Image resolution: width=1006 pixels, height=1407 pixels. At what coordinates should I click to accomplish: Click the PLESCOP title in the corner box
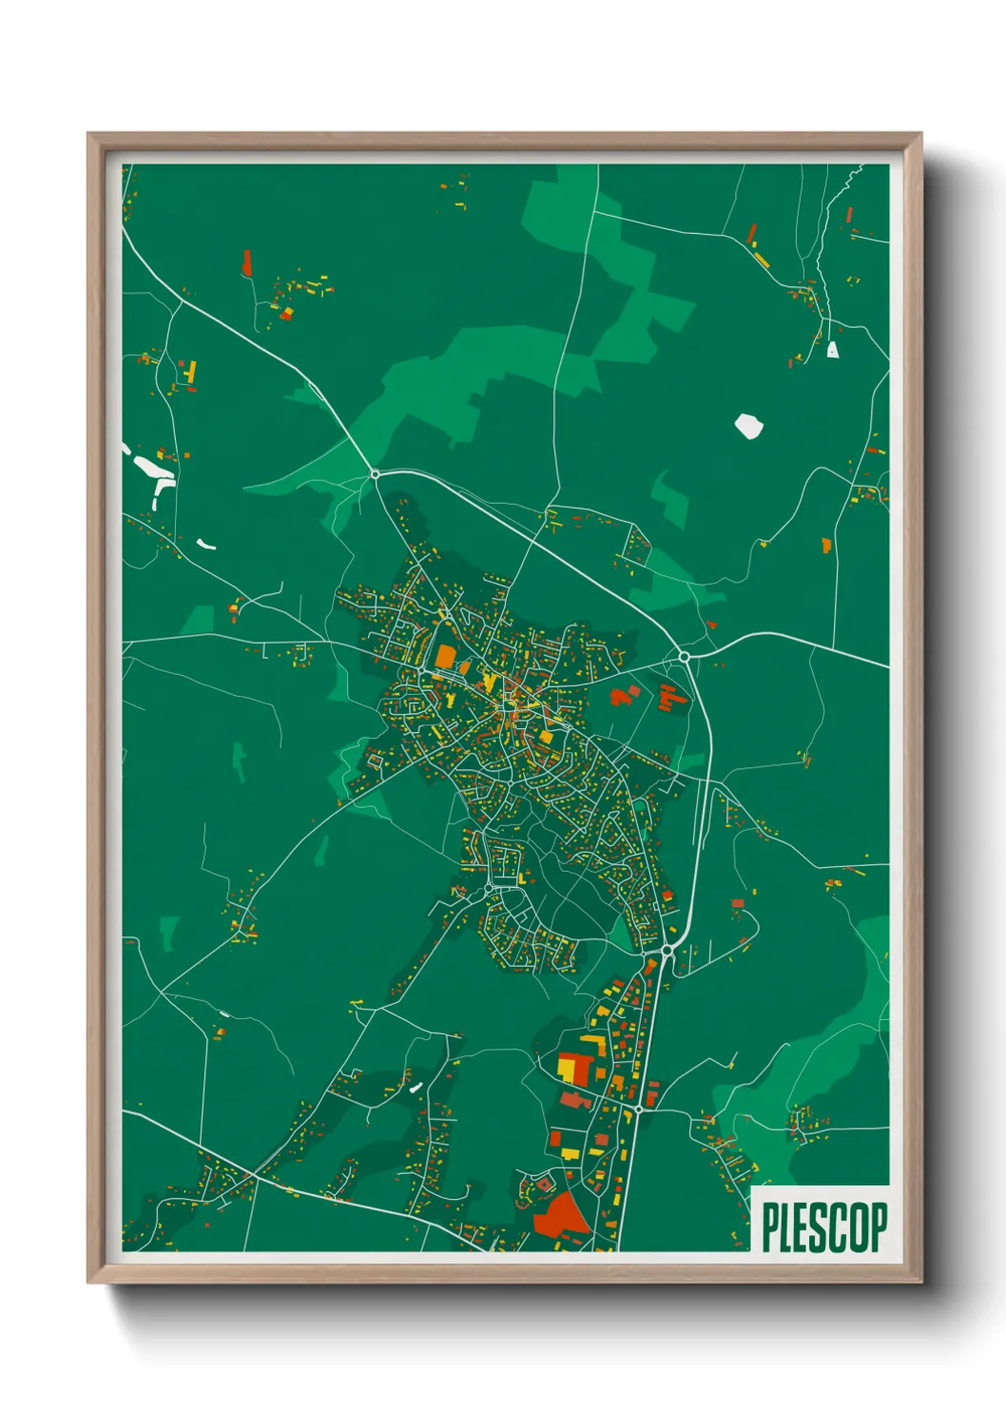(x=824, y=1227)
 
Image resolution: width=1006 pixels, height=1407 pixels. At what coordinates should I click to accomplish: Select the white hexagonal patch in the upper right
(x=748, y=425)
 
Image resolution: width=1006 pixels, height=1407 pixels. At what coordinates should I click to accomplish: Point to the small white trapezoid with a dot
(x=833, y=350)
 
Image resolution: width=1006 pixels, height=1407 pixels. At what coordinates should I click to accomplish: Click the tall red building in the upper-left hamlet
(x=247, y=262)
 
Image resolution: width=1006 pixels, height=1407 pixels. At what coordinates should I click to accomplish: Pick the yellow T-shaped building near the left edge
(x=190, y=372)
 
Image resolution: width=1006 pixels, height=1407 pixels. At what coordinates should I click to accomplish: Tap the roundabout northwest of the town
(x=375, y=473)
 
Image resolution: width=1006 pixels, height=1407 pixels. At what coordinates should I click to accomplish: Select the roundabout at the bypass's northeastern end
(x=684, y=657)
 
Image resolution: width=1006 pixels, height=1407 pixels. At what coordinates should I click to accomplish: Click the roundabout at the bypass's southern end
(x=667, y=950)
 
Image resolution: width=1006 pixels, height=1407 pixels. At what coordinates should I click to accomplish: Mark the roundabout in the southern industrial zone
(x=639, y=1108)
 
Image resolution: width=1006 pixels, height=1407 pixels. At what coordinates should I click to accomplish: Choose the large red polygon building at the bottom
(x=559, y=1215)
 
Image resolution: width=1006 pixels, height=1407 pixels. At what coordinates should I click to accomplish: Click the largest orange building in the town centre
(x=445, y=656)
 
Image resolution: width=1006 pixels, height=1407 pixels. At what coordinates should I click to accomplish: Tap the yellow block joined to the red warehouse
(x=567, y=1070)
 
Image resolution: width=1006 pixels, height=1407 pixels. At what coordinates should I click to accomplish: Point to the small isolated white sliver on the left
(x=206, y=545)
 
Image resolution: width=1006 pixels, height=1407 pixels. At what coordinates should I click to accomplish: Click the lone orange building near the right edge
(x=825, y=545)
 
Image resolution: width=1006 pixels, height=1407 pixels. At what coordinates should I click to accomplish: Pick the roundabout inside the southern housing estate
(x=489, y=889)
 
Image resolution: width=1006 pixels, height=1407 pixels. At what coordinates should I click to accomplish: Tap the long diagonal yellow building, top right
(x=761, y=258)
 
